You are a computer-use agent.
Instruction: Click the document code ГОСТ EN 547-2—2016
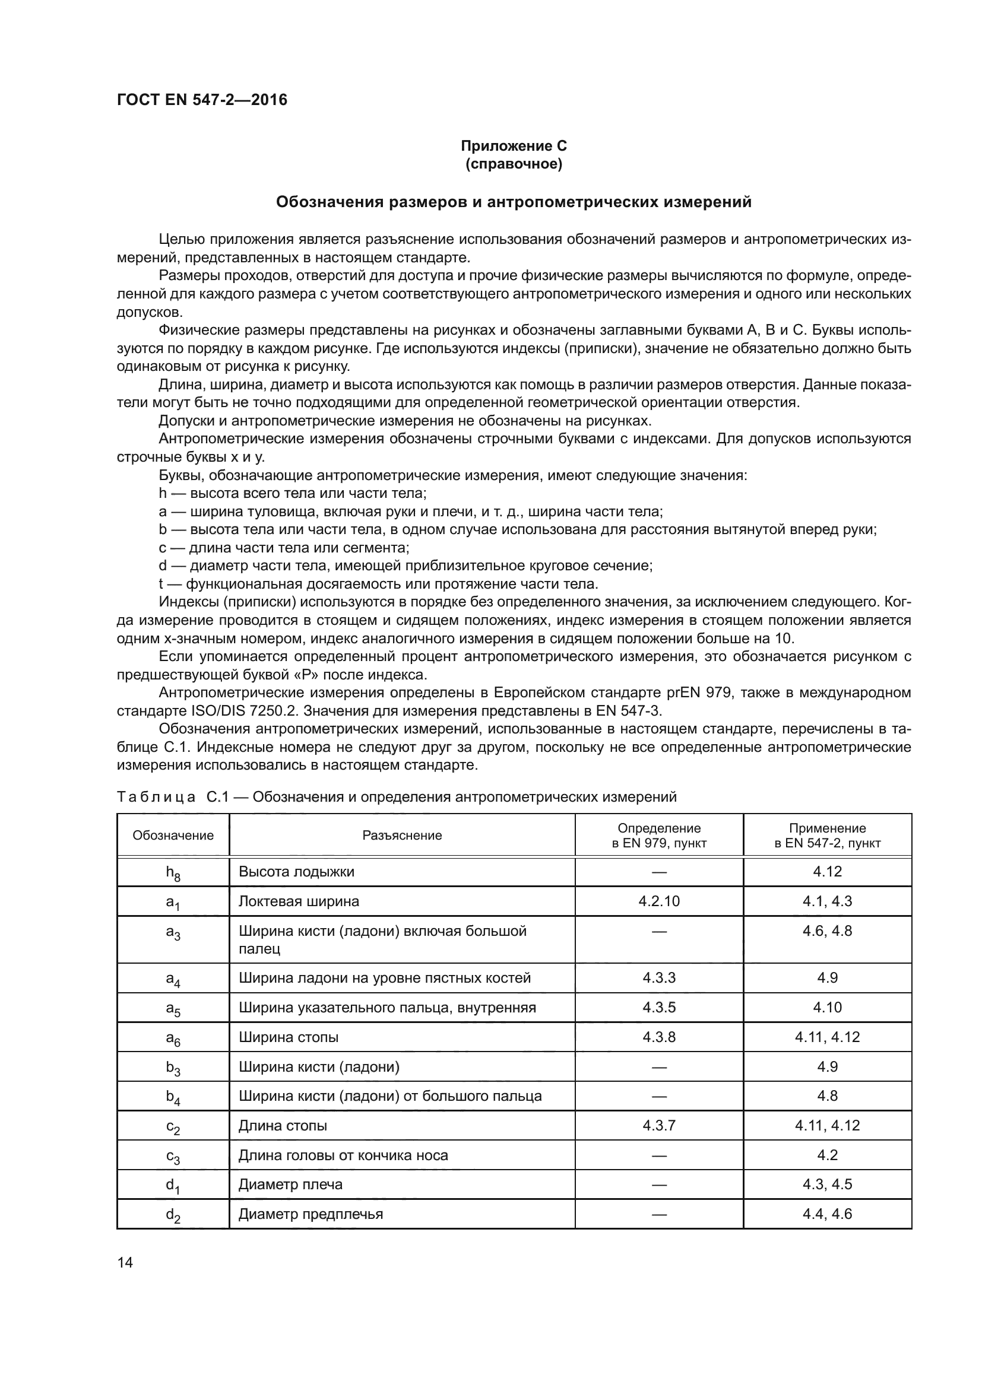(202, 100)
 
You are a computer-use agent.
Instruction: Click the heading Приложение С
(514, 146)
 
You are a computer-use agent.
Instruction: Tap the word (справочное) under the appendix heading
(514, 164)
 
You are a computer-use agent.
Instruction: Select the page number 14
(125, 1262)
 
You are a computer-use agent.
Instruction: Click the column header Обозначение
(173, 835)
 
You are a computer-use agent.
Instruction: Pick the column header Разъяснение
(402, 835)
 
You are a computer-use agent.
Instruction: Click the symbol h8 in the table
(173, 872)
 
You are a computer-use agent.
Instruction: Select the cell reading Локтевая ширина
(299, 901)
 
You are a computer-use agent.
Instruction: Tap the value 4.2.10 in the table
(659, 901)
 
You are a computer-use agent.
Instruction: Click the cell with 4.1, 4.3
(827, 901)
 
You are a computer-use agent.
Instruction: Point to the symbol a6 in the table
(173, 1038)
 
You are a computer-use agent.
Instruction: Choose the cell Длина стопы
(283, 1126)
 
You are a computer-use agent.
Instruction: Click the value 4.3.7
(659, 1126)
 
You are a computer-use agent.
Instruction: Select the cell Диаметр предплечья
(311, 1214)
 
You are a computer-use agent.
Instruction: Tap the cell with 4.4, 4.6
(827, 1214)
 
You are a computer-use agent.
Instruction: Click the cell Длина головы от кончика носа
(343, 1155)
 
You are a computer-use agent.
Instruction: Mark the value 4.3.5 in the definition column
(659, 1008)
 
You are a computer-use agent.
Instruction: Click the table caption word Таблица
(156, 797)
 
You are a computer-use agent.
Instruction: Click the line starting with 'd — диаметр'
(405, 566)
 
